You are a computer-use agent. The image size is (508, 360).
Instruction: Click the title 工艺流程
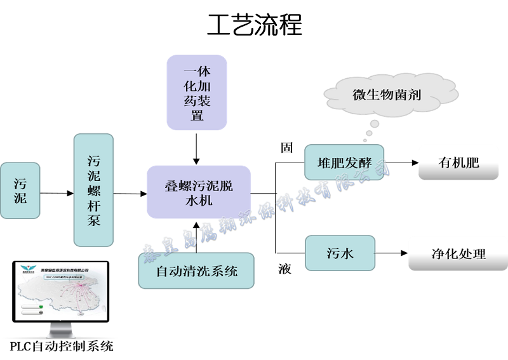(x=254, y=25)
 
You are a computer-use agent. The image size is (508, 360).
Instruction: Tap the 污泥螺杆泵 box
(x=93, y=190)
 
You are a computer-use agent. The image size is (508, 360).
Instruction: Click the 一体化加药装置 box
(x=197, y=93)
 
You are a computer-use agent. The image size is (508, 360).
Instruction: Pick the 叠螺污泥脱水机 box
(x=199, y=192)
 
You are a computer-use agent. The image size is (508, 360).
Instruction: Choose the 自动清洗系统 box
(x=197, y=271)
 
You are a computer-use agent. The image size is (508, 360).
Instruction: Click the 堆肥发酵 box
(x=344, y=163)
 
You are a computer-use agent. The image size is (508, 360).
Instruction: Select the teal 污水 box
(x=340, y=253)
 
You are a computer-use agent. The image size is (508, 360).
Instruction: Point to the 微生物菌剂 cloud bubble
(x=386, y=96)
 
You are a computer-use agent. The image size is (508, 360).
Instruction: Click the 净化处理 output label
(x=458, y=254)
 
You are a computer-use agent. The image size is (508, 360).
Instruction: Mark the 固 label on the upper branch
(x=286, y=148)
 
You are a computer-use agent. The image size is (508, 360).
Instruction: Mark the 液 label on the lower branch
(x=285, y=269)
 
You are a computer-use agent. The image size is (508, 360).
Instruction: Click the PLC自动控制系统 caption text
(x=62, y=347)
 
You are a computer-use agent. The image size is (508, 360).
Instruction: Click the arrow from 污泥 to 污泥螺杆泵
(x=57, y=192)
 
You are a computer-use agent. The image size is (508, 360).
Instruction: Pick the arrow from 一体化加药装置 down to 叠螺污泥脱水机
(x=197, y=149)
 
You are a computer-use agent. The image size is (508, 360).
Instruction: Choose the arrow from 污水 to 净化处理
(x=391, y=254)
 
